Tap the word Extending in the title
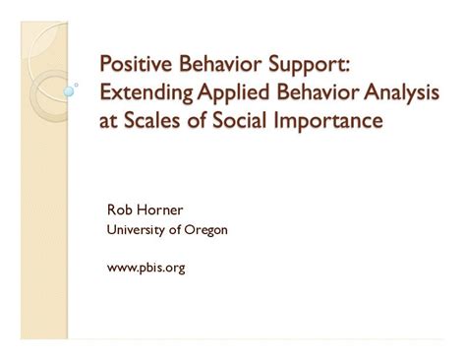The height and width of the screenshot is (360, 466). coord(143,94)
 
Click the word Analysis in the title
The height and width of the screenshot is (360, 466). coord(403,94)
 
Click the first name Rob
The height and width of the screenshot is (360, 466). coord(118,210)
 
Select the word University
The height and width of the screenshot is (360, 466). coord(137,232)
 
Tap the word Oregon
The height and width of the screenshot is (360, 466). coord(206,232)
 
